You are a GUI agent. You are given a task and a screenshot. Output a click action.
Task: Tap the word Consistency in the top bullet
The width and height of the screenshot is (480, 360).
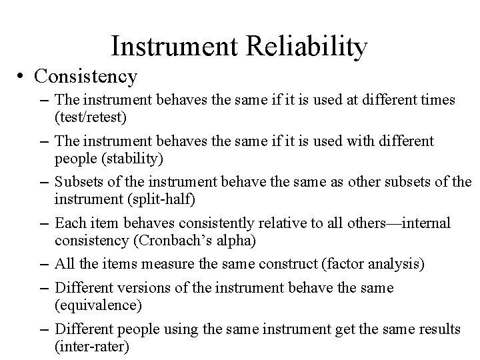pos(86,76)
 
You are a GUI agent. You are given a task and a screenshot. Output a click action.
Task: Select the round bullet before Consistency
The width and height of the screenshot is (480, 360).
pos(23,77)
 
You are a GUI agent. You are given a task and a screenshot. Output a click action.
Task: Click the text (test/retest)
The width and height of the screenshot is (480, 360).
pos(87,117)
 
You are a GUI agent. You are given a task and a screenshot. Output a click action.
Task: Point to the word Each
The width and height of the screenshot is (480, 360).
pos(69,223)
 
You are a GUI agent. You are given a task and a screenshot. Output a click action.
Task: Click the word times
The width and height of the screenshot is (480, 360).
pos(438,100)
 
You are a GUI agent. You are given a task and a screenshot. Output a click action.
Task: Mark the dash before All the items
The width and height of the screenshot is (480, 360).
pos(41,264)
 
